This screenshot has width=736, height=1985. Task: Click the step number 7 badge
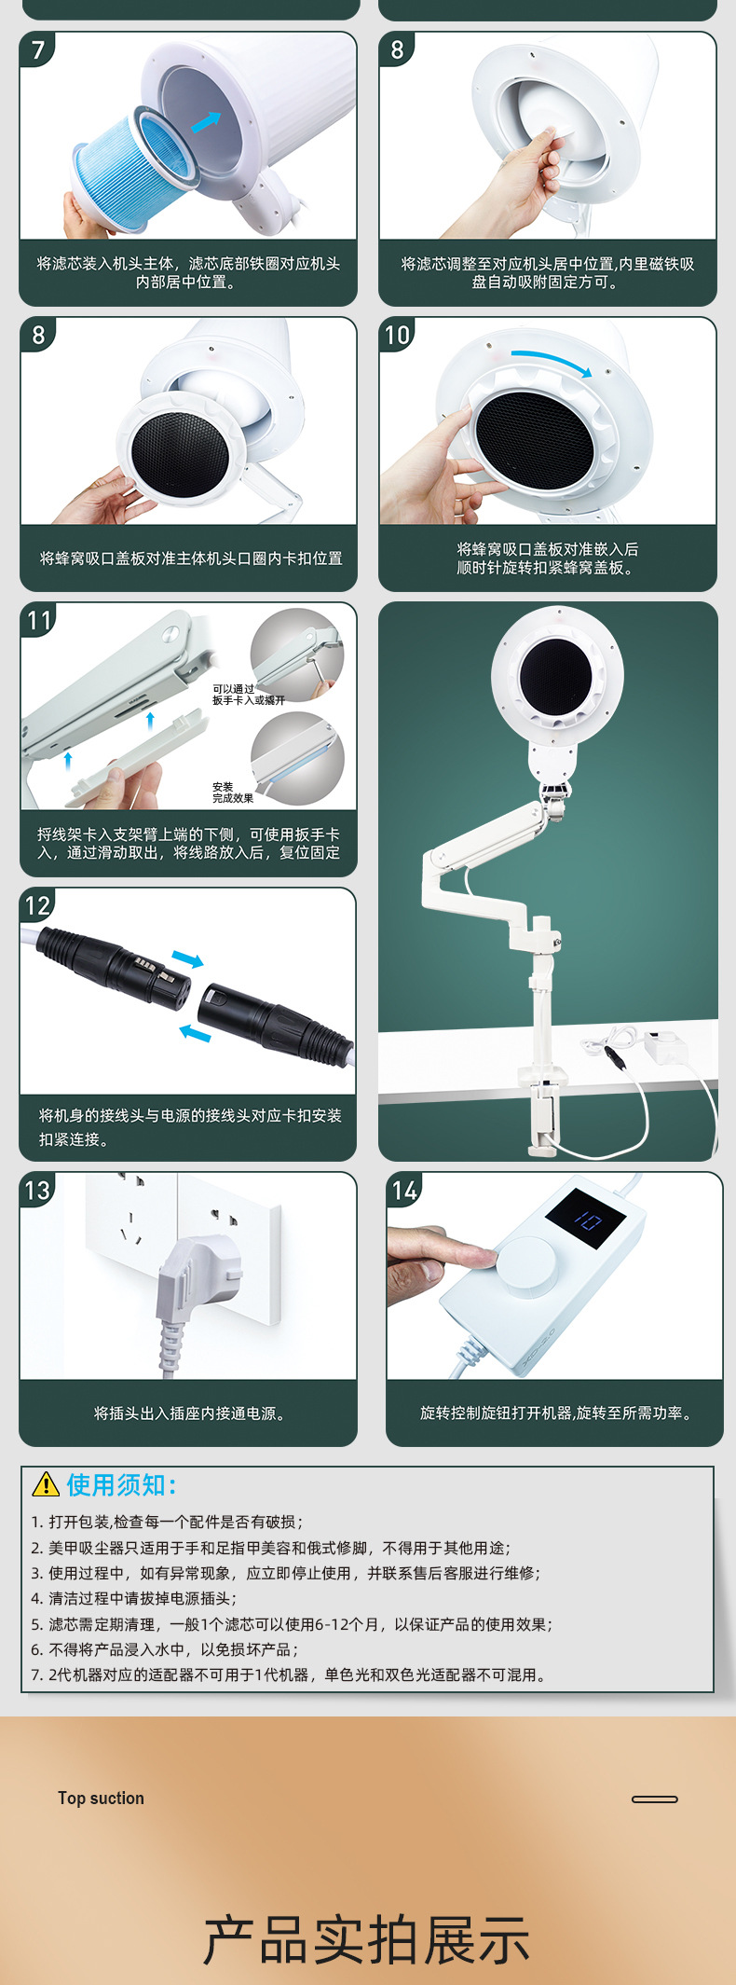pos(38,49)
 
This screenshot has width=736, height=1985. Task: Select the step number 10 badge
pos(398,335)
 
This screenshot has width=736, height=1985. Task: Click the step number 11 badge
pos(38,620)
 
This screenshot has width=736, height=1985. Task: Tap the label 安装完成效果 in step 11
pos(232,793)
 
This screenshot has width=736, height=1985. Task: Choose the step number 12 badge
pos(38,905)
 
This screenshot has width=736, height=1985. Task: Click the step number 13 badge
pos(38,1191)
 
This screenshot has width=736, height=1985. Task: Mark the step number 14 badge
pos(404,1191)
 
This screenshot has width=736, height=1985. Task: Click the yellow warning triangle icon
pos(46,1484)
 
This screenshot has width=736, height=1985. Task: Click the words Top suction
pos(101,1799)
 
